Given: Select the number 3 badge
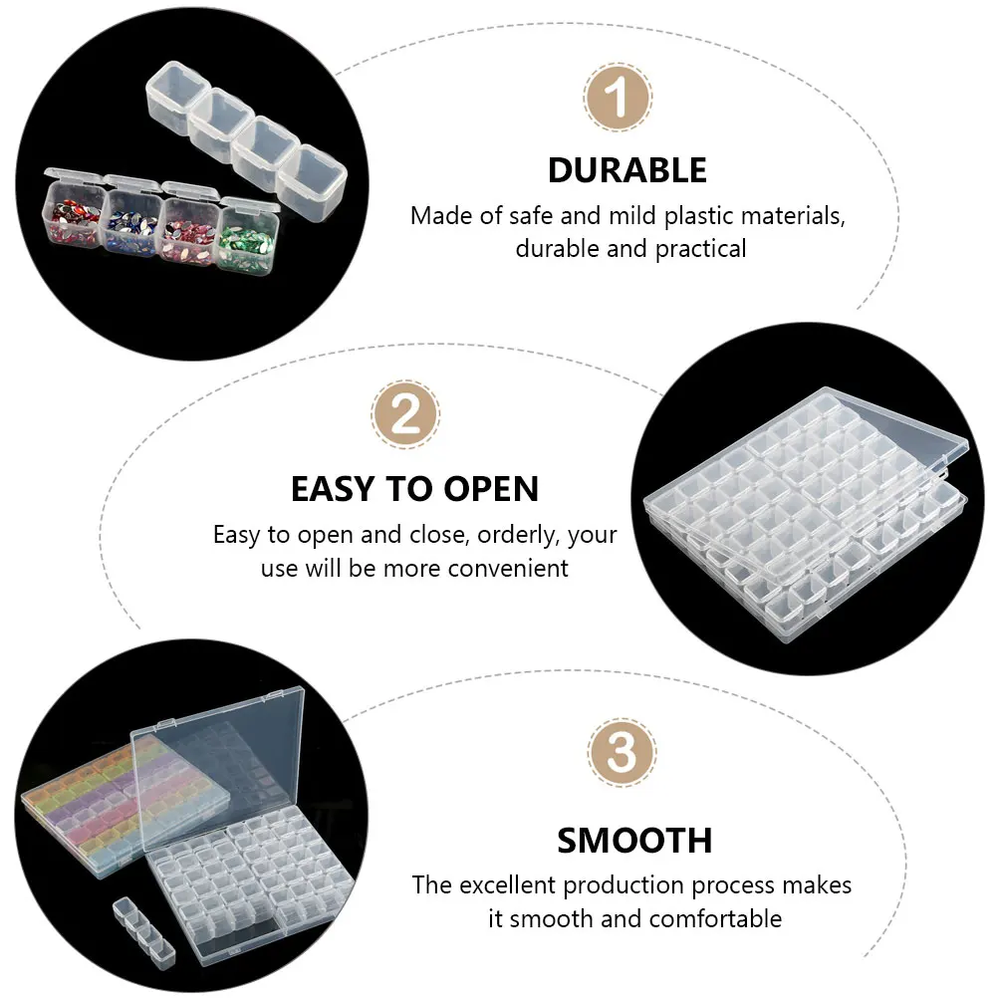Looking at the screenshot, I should (x=621, y=754).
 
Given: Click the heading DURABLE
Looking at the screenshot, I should (x=627, y=170).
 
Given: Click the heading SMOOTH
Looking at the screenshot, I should (x=634, y=841).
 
